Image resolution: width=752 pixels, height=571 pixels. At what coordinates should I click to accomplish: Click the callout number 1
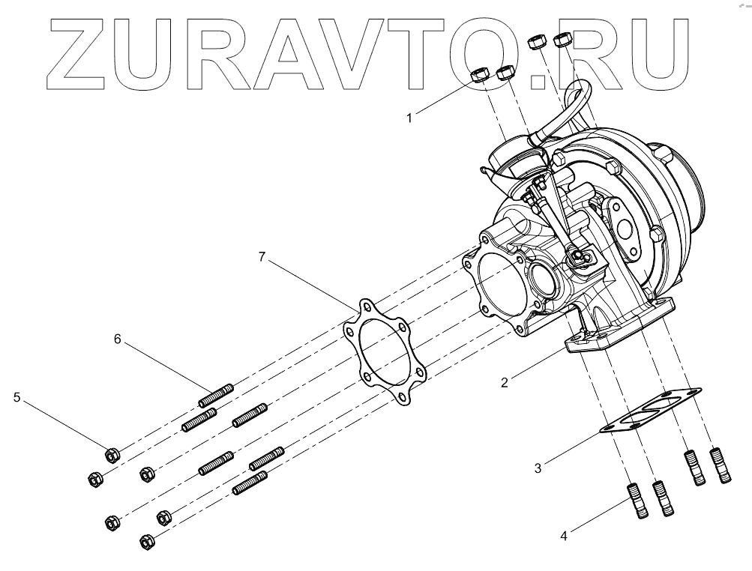coord(409,117)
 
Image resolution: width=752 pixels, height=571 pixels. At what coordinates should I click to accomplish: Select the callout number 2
coord(505,381)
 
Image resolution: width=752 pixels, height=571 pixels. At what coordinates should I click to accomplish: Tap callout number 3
coord(538,470)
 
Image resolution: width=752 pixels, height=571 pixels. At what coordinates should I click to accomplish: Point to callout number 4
coord(563,536)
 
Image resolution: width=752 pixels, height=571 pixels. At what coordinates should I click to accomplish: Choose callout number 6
coord(117,339)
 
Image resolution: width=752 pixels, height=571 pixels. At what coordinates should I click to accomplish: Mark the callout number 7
coord(262,256)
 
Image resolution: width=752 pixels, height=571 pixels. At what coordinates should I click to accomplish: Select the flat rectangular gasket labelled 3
coord(649,413)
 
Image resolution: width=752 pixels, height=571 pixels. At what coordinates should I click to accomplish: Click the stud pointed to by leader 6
coord(218,393)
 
